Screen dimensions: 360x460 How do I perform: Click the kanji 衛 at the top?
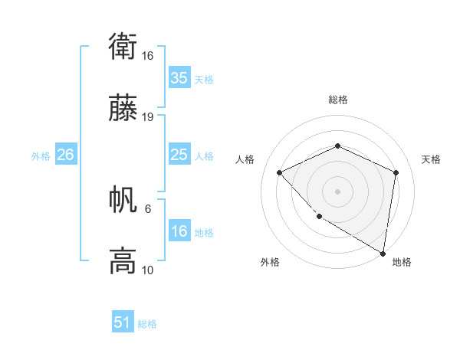point(123,49)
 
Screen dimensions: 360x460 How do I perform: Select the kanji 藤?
point(123,110)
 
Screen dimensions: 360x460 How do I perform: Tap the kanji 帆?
point(123,201)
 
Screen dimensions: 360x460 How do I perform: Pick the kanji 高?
point(123,261)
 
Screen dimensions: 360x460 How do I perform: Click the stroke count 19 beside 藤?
point(148,117)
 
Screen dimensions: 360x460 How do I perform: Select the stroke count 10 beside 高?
point(148,270)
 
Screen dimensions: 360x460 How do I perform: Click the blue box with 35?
point(179,78)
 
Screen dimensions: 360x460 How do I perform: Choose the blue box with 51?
point(123,322)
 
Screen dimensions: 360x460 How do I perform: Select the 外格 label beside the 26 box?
point(41,156)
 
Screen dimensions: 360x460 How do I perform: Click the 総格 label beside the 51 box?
point(147,324)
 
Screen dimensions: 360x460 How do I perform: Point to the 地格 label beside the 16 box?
point(204,233)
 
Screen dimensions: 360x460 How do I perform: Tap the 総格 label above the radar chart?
point(337,100)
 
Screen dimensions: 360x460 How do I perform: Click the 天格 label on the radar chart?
point(431,159)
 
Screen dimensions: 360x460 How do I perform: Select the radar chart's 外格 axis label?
point(270,262)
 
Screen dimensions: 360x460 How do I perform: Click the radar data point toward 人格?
point(280,172)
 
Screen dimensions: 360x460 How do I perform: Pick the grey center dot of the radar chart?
point(337,191)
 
